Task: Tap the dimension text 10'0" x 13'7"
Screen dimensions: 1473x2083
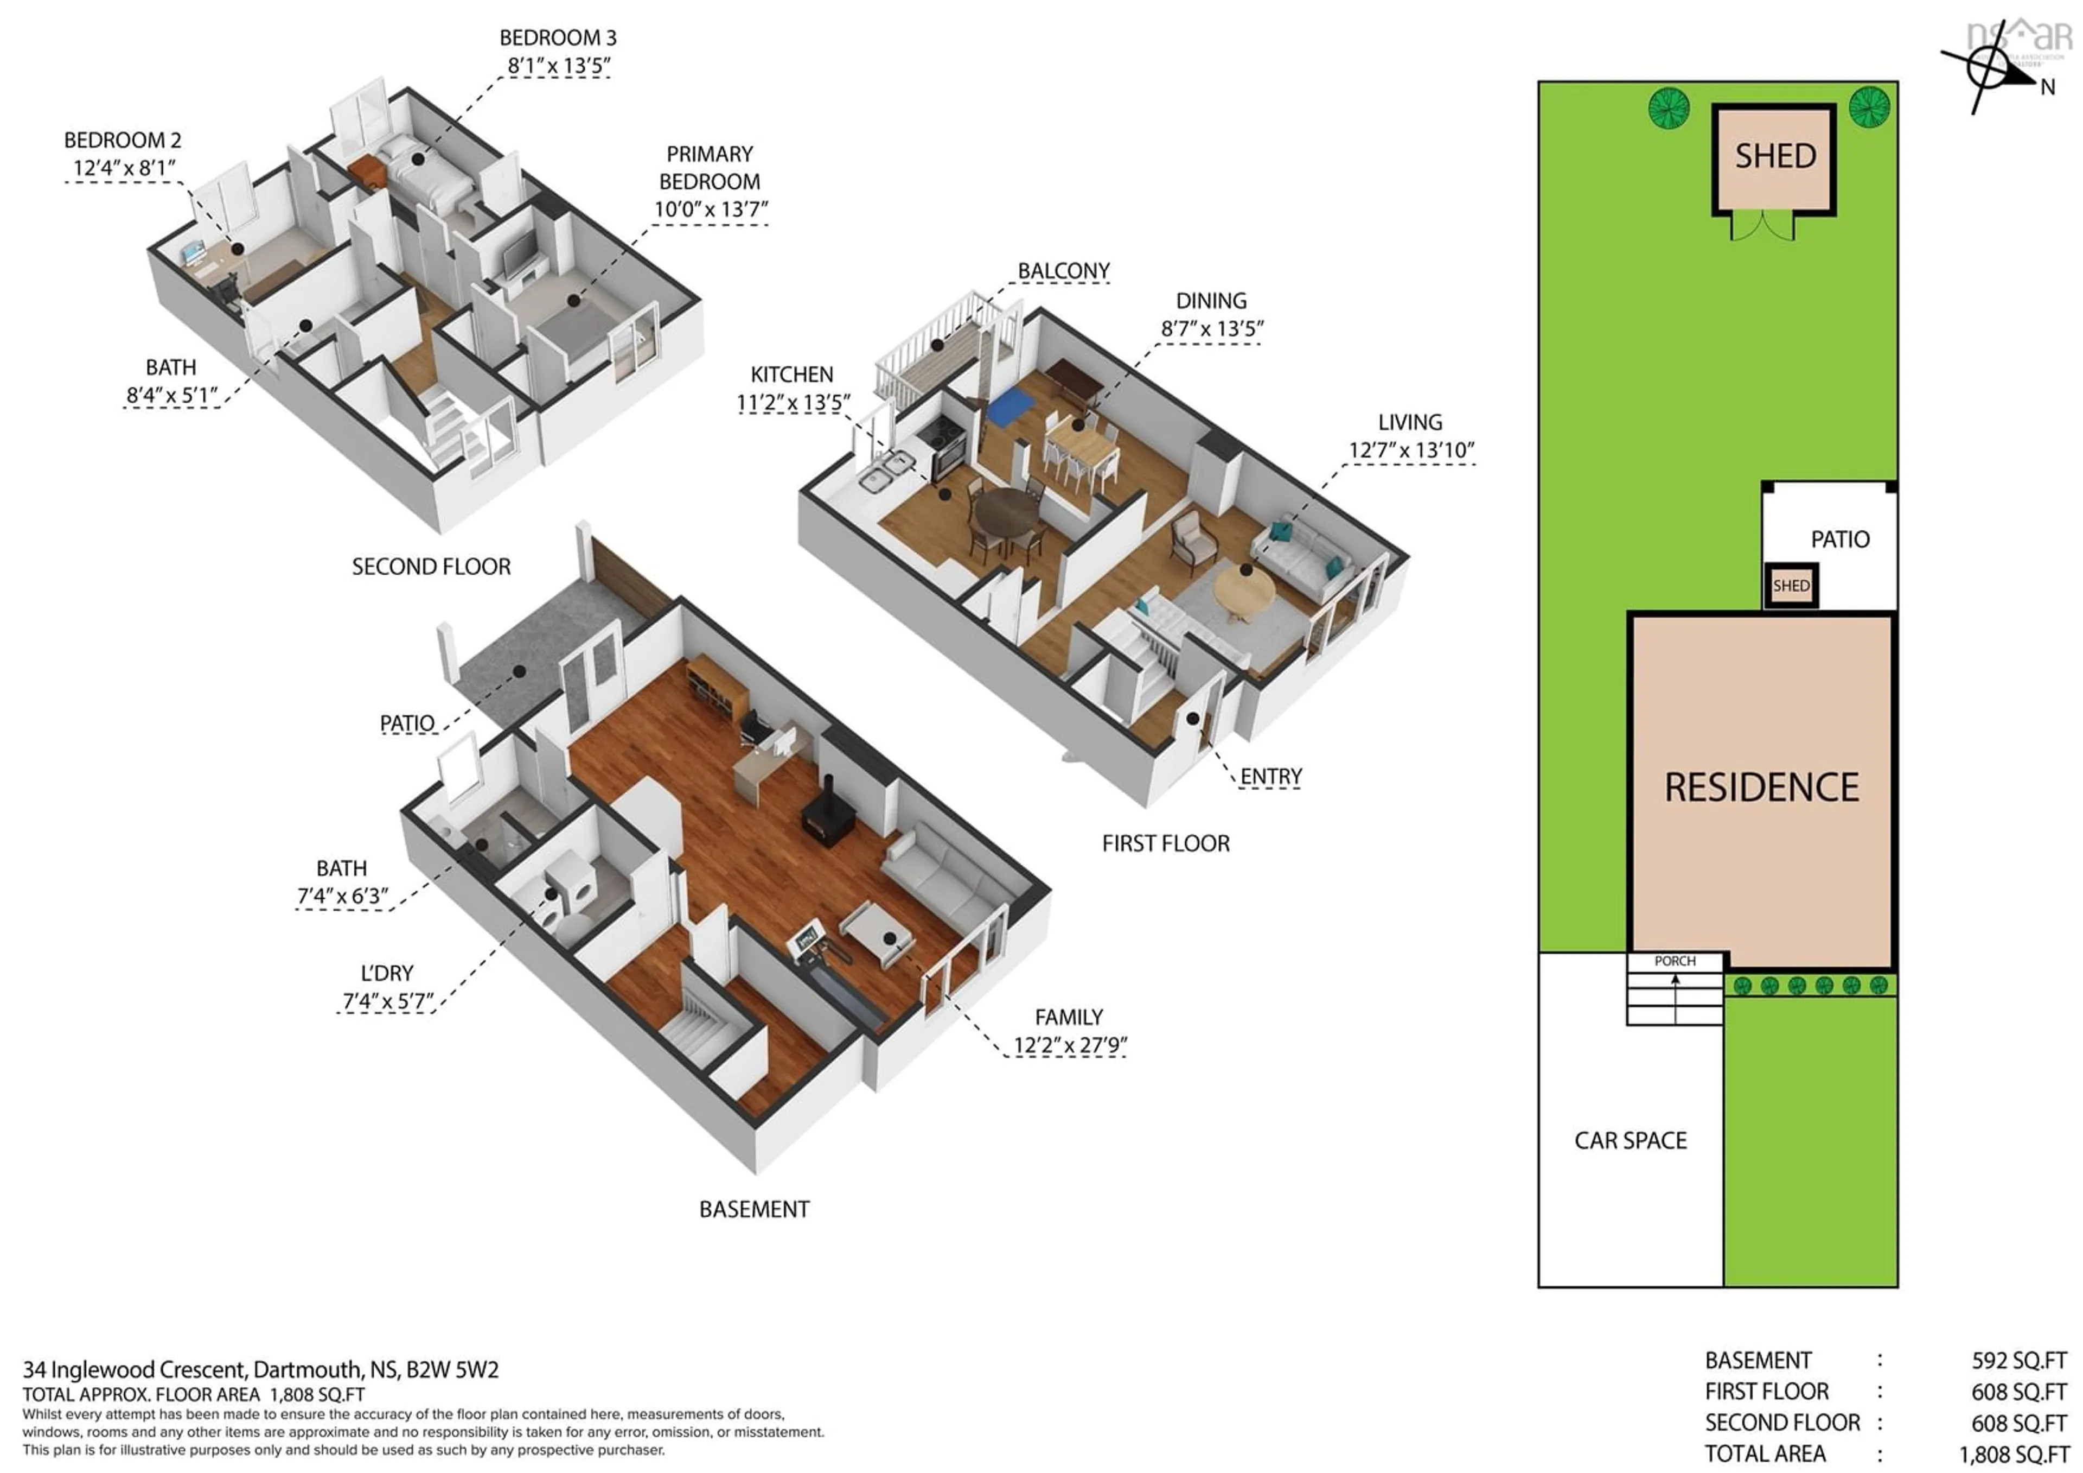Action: [x=711, y=209]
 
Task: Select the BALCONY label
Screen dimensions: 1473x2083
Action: [x=1063, y=271]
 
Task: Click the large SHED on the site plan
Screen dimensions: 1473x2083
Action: [x=1774, y=157]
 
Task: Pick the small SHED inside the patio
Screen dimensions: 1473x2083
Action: [x=1791, y=586]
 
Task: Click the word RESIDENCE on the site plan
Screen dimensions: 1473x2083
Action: [x=1761, y=788]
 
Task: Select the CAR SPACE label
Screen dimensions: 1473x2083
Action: [x=1630, y=1141]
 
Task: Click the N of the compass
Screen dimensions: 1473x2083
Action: [x=2048, y=88]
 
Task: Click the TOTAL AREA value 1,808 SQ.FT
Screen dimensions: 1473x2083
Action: [x=2014, y=1454]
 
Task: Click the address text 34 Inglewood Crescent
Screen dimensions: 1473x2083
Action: [x=136, y=1369]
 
